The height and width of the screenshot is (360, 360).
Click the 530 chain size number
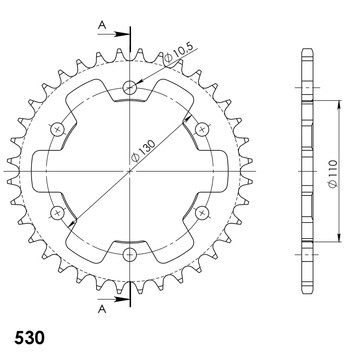[x=29, y=338]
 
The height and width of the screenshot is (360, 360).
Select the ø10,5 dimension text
[x=181, y=52]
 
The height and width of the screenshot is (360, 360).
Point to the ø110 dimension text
[x=333, y=174]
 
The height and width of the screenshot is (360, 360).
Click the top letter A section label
[x=102, y=25]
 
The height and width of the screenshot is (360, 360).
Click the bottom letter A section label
[x=102, y=309]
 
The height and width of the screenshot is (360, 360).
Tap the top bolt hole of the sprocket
[x=130, y=87]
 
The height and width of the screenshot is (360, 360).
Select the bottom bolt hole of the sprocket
[x=130, y=255]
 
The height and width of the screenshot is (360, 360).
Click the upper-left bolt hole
[x=57, y=129]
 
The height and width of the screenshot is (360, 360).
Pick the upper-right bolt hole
[x=202, y=129]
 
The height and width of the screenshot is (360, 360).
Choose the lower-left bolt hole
[x=57, y=213]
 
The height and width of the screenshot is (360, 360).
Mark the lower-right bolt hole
[x=202, y=213]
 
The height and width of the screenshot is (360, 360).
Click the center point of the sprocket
[x=130, y=171]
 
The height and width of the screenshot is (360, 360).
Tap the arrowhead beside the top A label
[x=122, y=34]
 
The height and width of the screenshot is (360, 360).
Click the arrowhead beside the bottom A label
[x=122, y=299]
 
